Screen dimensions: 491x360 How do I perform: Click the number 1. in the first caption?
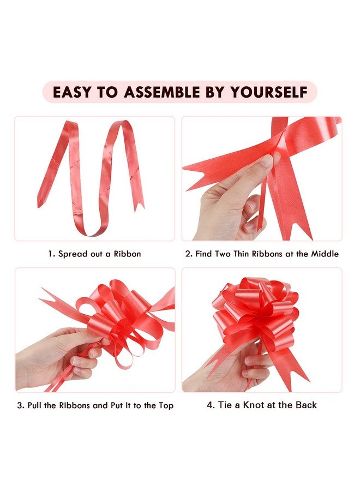[x=51, y=254]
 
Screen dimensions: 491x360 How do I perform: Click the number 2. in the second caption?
[x=189, y=254]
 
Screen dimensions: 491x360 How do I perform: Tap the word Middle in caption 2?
[x=325, y=254]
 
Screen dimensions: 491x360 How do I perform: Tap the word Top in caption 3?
[x=165, y=405]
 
